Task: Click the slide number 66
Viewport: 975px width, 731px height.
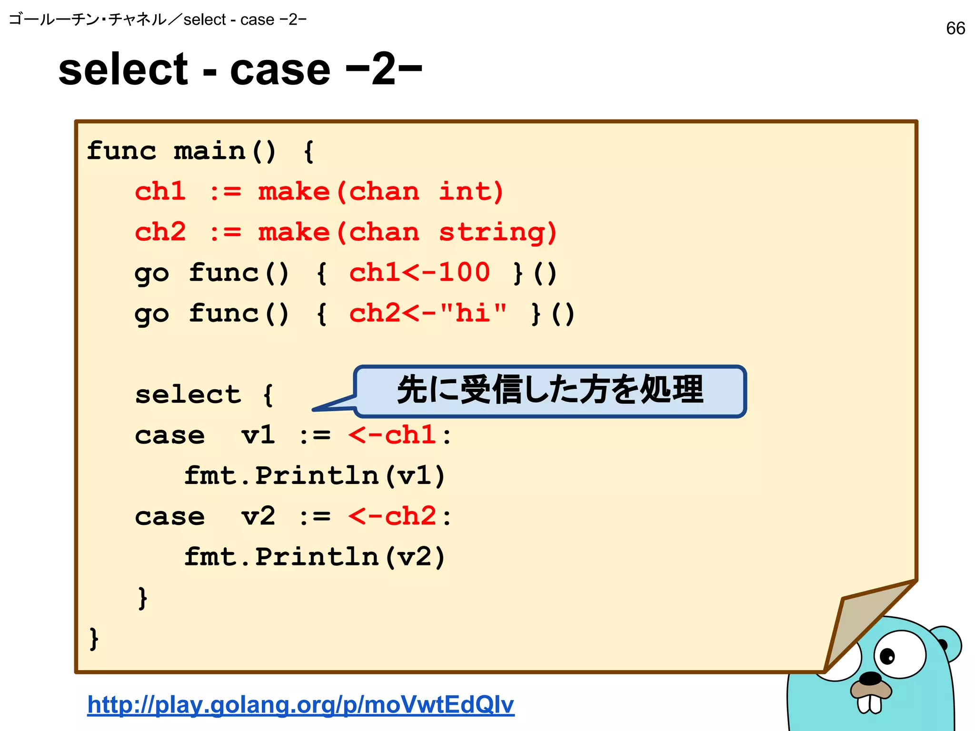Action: click(x=955, y=29)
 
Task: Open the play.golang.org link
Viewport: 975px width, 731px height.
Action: click(x=300, y=704)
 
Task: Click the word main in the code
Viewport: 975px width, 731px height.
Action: click(x=209, y=151)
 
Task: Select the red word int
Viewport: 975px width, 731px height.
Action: click(x=470, y=192)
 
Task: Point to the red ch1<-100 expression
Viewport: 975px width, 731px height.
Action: click(x=419, y=273)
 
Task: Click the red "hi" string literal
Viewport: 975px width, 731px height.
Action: click(x=474, y=314)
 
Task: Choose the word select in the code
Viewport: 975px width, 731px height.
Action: click(x=188, y=395)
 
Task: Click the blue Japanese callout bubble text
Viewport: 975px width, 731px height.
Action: click(x=550, y=390)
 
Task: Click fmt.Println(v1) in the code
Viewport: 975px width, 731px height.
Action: click(x=314, y=476)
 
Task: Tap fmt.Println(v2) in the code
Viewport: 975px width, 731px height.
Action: click(x=314, y=557)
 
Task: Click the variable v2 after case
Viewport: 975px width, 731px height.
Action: click(x=258, y=516)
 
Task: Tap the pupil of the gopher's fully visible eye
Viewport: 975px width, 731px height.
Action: click(x=887, y=656)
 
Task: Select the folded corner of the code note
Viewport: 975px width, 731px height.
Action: click(x=857, y=623)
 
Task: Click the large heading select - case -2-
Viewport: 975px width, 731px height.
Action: click(x=240, y=70)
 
